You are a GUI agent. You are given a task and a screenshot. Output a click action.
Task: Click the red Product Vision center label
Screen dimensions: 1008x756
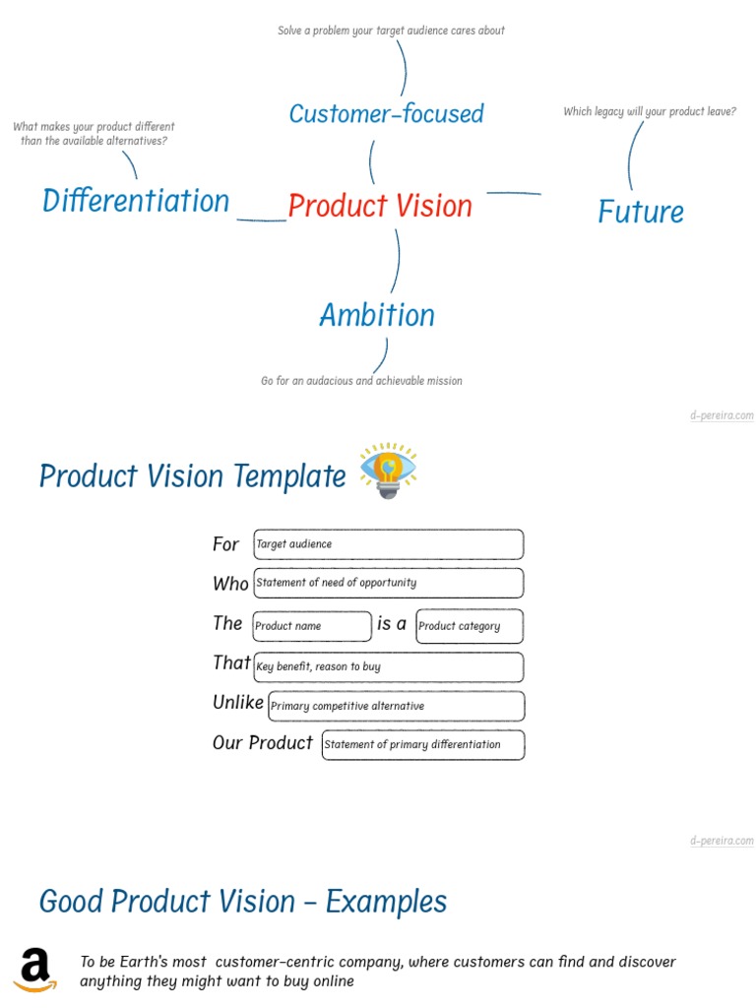click(x=380, y=206)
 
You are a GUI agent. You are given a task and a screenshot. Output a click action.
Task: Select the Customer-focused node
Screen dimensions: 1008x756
click(x=386, y=114)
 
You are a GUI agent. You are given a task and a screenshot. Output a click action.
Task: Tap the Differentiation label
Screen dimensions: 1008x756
click(x=136, y=201)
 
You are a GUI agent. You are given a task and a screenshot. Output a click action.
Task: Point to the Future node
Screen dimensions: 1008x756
click(x=641, y=212)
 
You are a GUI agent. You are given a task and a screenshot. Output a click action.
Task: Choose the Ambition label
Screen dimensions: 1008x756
click(x=377, y=315)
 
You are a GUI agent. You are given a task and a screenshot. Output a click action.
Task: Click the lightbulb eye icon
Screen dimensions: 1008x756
click(x=389, y=471)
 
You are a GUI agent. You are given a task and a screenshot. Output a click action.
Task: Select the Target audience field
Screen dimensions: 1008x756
click(x=388, y=544)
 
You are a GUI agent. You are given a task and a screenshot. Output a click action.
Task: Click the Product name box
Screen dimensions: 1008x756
click(x=312, y=626)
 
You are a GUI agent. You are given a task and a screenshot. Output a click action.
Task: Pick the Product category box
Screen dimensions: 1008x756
click(x=469, y=626)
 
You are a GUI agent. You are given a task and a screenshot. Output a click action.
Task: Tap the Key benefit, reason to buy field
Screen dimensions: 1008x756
click(x=388, y=666)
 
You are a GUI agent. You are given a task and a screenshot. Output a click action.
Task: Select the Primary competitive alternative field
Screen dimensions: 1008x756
click(x=396, y=706)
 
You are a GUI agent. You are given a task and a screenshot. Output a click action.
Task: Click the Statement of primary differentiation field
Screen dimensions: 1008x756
click(x=422, y=744)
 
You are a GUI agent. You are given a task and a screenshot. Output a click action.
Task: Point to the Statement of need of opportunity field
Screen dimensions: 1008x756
click(x=388, y=583)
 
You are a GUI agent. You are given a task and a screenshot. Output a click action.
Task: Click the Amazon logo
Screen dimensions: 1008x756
click(x=35, y=970)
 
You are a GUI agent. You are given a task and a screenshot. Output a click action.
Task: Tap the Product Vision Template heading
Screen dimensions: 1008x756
click(x=193, y=476)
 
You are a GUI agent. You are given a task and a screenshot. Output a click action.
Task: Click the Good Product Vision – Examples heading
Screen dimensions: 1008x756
click(x=243, y=902)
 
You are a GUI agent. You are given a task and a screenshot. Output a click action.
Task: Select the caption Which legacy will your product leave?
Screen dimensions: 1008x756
click(x=650, y=112)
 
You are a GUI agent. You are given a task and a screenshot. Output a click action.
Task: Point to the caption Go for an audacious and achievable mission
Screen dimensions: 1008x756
click(x=361, y=381)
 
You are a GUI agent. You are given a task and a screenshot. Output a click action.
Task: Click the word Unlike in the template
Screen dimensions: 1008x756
click(x=238, y=703)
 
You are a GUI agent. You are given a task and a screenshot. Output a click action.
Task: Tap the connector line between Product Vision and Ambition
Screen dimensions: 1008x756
click(x=398, y=261)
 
